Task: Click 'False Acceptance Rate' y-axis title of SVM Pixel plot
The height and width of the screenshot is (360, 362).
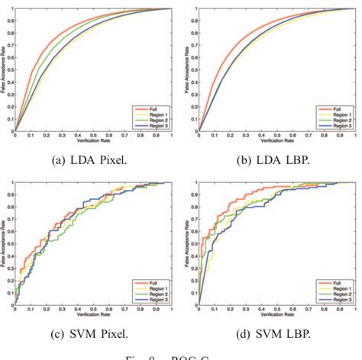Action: [x=5, y=244]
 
